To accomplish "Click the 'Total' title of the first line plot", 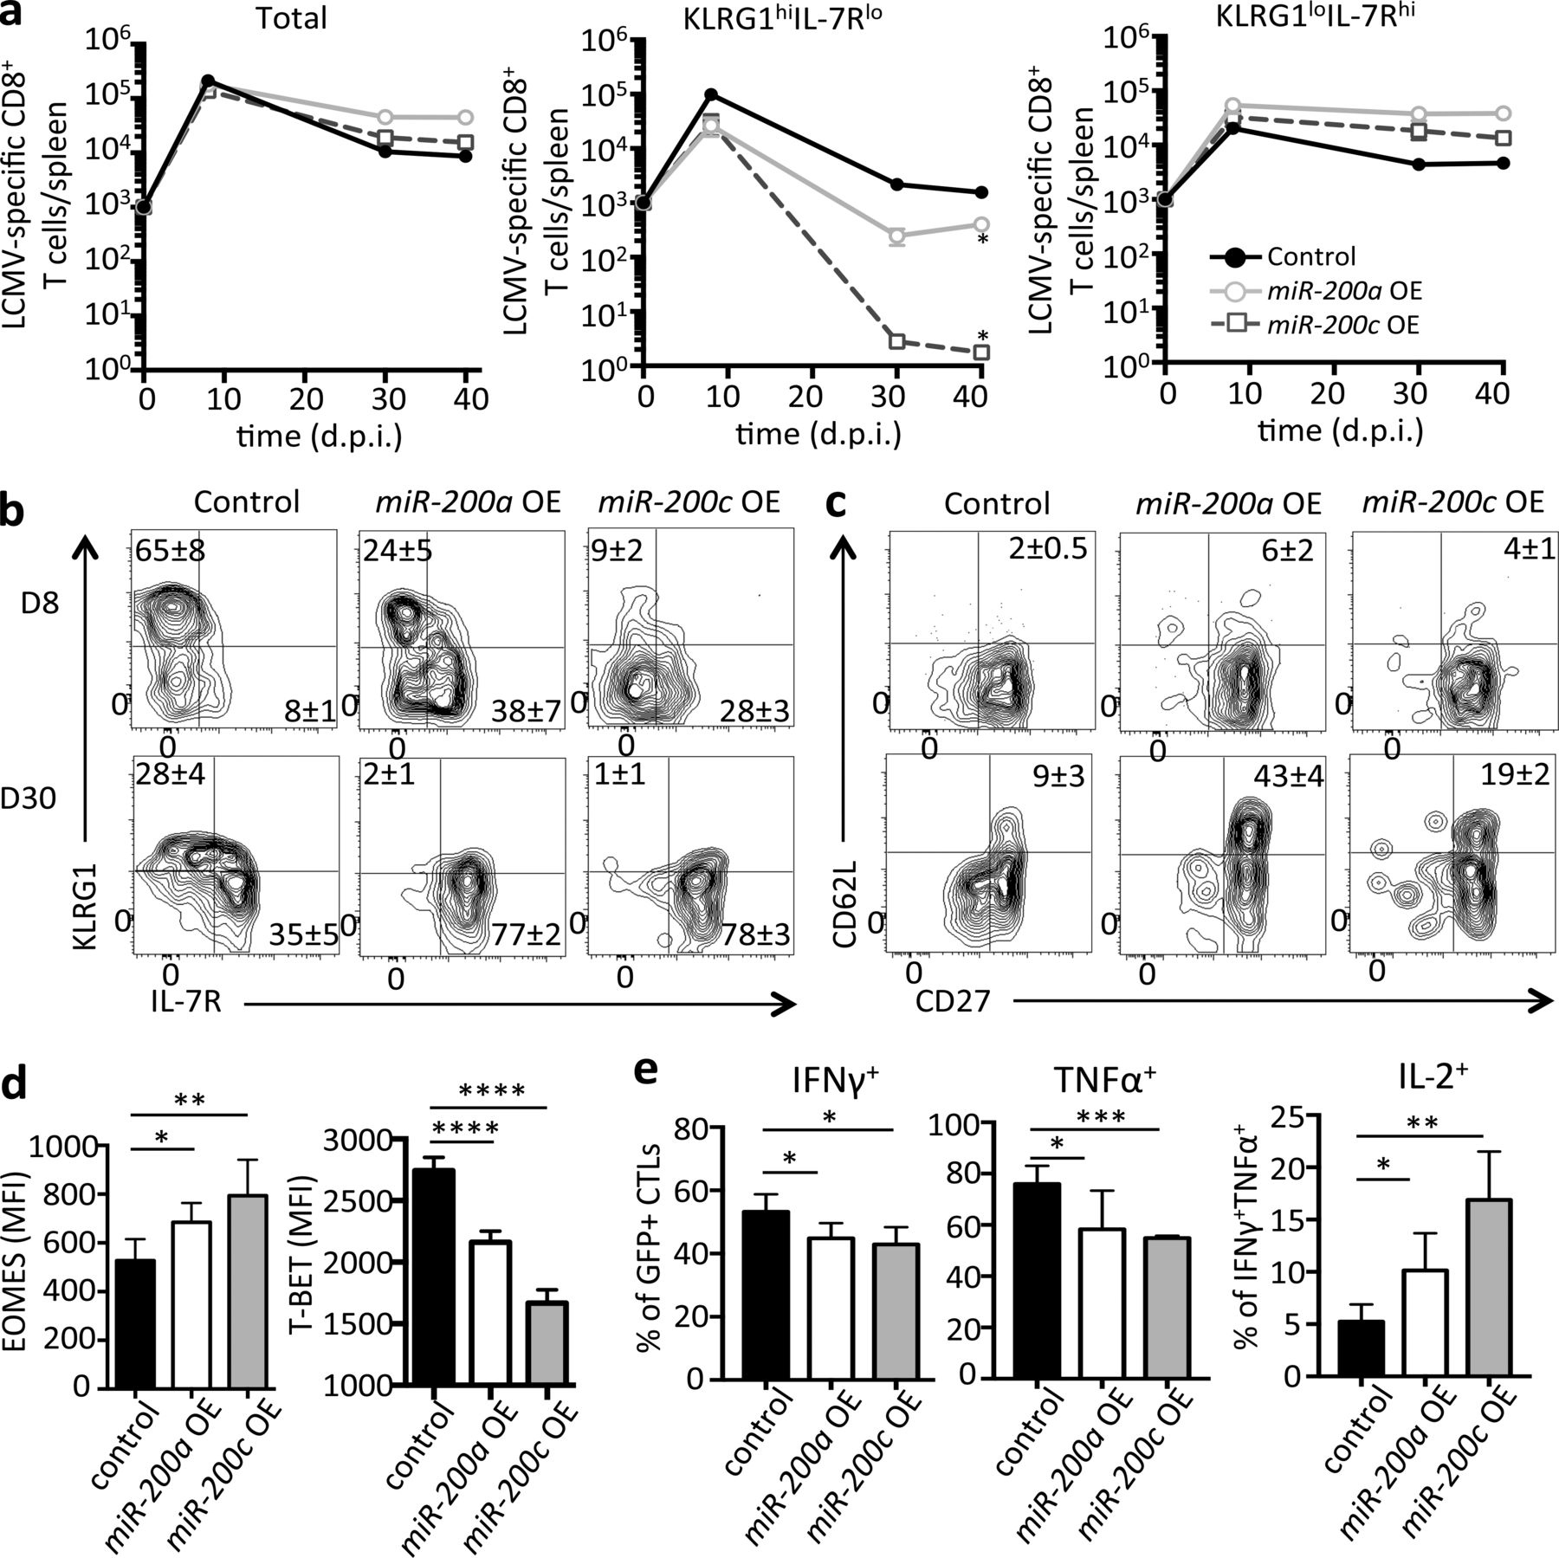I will point(291,18).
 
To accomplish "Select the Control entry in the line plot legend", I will point(1311,257).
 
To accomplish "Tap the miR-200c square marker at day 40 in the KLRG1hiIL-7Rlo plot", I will point(981,352).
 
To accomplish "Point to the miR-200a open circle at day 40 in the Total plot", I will point(465,117).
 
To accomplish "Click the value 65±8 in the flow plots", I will point(170,550).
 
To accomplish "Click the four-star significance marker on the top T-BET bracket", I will point(491,1089).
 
